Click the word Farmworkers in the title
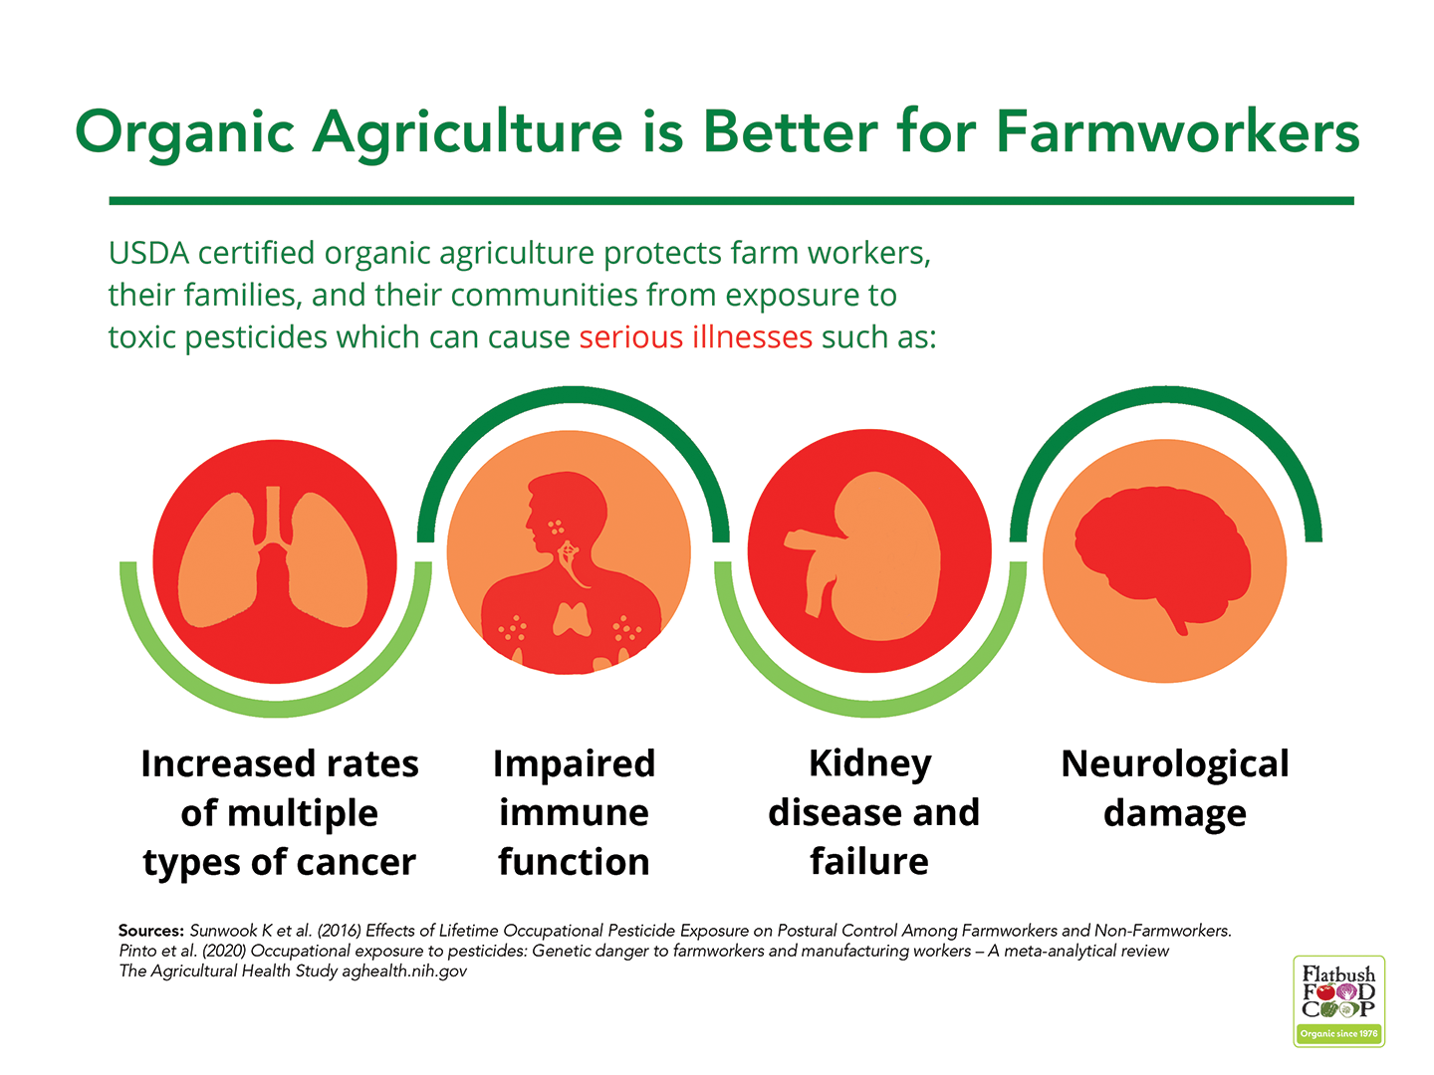1177,131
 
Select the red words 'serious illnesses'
696,336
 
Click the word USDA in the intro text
149,253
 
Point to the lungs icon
273,558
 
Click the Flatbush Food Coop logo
1338,1000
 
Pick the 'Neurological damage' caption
1175,787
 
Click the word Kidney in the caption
870,764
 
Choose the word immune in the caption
574,813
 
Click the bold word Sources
151,930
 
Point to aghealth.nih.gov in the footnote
404,971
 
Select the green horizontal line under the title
731,200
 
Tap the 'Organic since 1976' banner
1338,1033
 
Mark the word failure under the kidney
869,861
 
